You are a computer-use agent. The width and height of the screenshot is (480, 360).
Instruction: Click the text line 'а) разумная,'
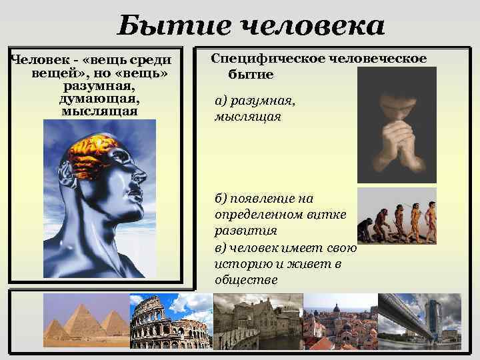pyautogui.click(x=255, y=101)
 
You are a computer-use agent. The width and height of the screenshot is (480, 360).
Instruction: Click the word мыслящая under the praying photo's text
pyautogui.click(x=248, y=117)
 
